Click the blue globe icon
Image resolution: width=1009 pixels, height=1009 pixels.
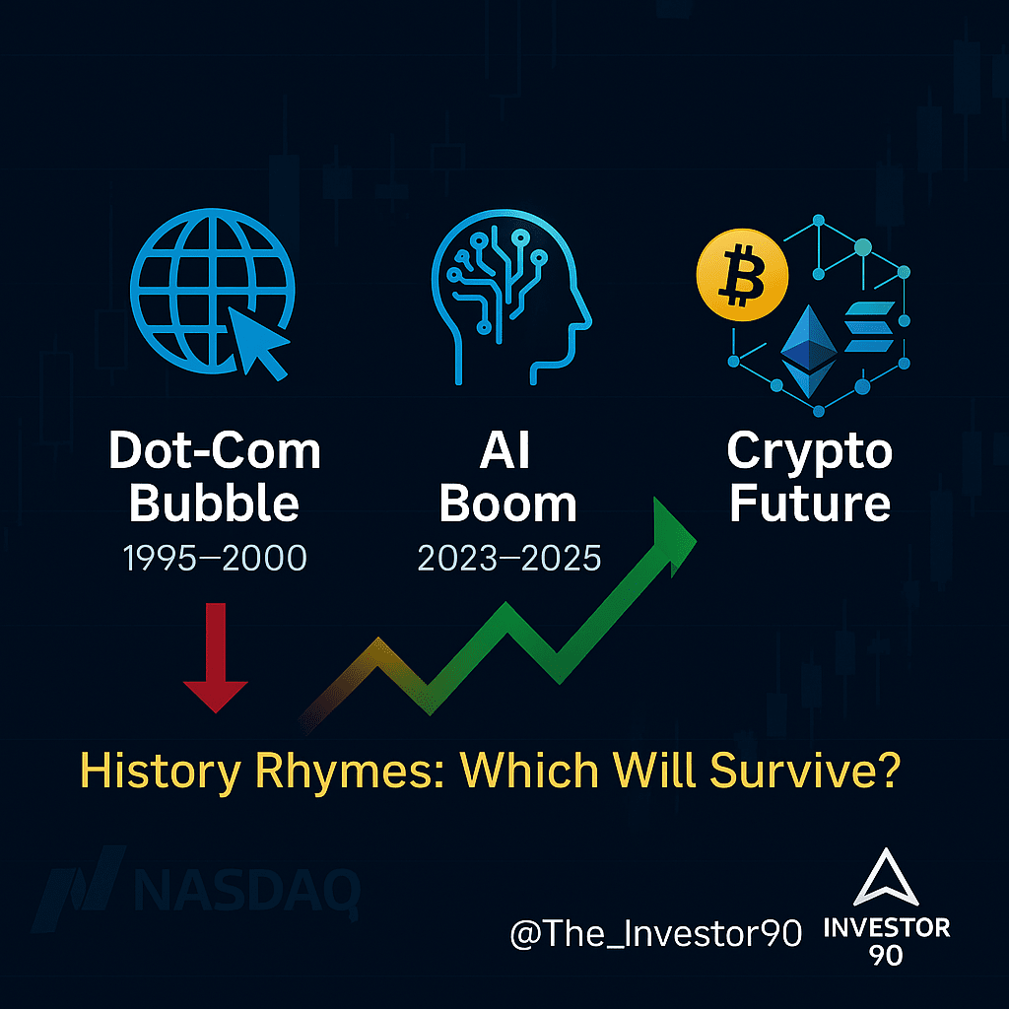pyautogui.click(x=213, y=291)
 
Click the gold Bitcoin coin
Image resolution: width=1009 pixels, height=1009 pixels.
pyautogui.click(x=742, y=275)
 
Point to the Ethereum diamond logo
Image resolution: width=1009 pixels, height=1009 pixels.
pyautogui.click(x=808, y=352)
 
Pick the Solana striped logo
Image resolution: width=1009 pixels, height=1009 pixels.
pyautogui.click(x=869, y=327)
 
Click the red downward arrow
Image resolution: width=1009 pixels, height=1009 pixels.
pyautogui.click(x=216, y=657)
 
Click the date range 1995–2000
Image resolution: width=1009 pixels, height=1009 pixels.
pyautogui.click(x=215, y=558)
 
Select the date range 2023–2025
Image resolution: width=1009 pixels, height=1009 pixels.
pyautogui.click(x=509, y=558)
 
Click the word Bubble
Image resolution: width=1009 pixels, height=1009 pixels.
pyautogui.click(x=214, y=504)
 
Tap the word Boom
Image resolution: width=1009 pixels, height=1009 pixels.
pyautogui.click(x=507, y=504)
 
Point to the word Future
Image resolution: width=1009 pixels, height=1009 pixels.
pyautogui.click(x=810, y=504)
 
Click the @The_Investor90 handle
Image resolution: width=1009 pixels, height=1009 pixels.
pyautogui.click(x=655, y=934)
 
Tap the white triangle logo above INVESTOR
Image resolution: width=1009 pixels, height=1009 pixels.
pyautogui.click(x=886, y=878)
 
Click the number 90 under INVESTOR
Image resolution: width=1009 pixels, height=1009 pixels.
pyautogui.click(x=886, y=955)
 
